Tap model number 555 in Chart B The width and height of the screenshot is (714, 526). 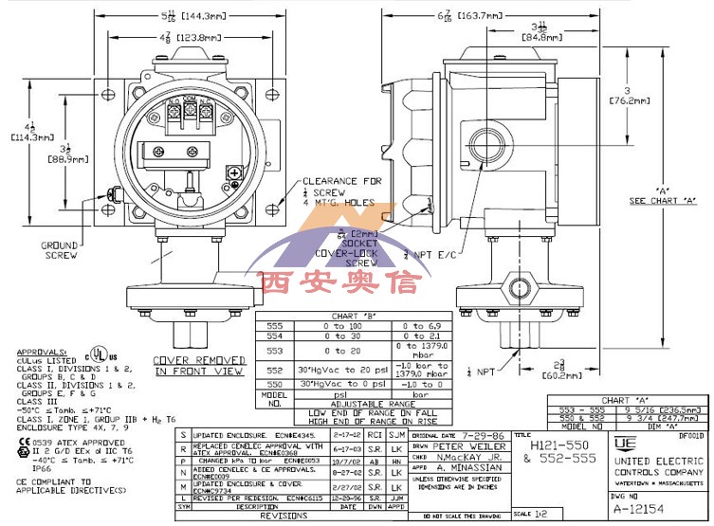click(272, 325)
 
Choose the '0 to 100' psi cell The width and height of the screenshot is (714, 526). click(342, 325)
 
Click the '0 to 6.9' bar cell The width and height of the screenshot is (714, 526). click(419, 325)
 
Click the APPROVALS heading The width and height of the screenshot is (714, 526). click(35, 350)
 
